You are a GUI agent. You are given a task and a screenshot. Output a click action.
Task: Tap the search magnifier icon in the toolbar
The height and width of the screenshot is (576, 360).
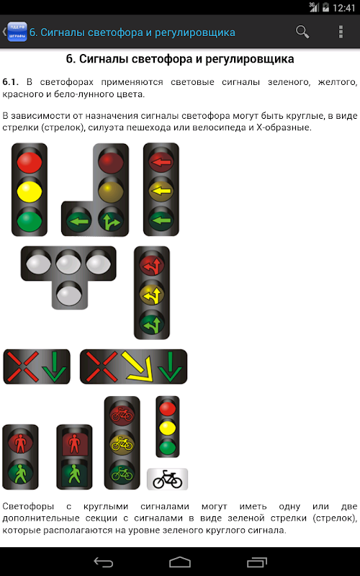(x=302, y=32)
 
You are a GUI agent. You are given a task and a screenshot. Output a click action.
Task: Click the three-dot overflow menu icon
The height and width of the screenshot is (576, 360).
(x=341, y=32)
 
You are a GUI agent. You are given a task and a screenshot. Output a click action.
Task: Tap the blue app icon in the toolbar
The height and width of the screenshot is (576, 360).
(x=17, y=32)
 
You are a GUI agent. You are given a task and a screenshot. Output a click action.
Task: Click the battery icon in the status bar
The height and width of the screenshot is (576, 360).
(x=325, y=7)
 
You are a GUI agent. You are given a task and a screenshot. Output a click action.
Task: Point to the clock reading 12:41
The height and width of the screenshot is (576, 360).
(x=344, y=8)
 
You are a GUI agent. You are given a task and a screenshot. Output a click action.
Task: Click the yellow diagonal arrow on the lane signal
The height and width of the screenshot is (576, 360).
(x=136, y=366)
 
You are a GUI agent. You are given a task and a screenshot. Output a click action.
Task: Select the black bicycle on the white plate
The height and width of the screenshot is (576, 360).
(x=168, y=479)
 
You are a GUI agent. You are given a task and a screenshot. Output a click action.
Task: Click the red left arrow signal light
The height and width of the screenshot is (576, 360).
(x=161, y=161)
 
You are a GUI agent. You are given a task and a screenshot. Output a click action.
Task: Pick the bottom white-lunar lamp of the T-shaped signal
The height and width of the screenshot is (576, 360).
(x=68, y=294)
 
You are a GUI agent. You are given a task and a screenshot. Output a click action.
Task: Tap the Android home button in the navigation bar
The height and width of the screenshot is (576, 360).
(x=180, y=562)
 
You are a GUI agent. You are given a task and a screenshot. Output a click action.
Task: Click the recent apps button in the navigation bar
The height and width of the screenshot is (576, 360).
(x=257, y=562)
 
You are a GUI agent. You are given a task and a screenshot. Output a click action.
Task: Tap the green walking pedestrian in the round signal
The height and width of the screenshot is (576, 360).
(x=20, y=472)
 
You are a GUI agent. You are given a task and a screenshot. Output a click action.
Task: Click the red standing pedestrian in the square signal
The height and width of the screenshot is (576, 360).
(x=74, y=444)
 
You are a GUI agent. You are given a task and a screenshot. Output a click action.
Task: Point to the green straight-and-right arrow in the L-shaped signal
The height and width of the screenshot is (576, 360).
(x=111, y=221)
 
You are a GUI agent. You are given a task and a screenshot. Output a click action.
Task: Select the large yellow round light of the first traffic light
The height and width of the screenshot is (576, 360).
(x=30, y=192)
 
